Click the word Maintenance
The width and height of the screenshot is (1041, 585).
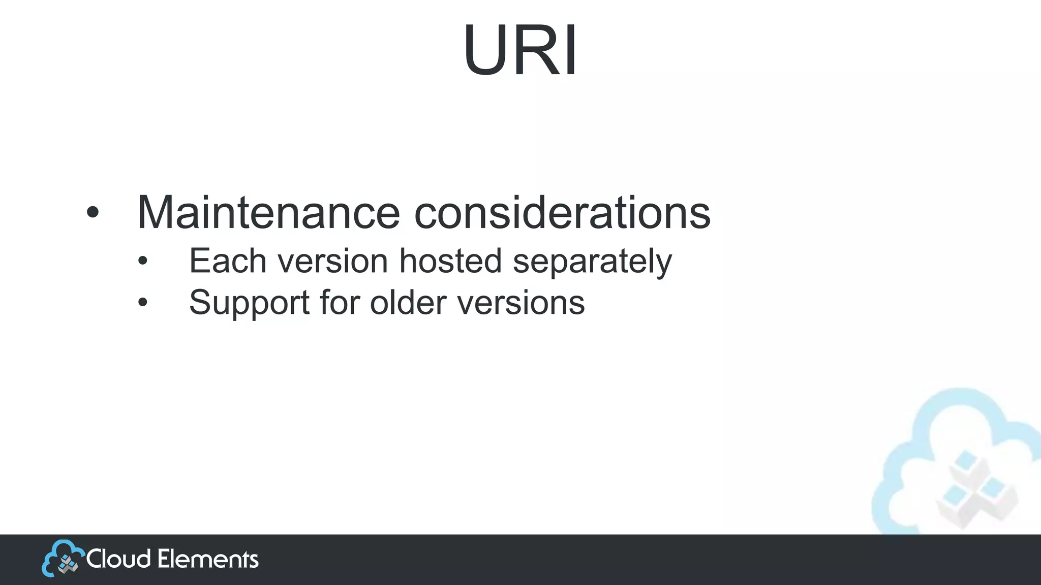pos(268,212)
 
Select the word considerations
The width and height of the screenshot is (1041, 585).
pos(562,212)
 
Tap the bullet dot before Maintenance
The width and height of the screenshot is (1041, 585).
pos(92,213)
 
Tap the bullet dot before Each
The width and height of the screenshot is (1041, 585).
pos(143,262)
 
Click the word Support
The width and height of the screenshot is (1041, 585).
pos(249,303)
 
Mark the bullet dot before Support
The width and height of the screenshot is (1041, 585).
pos(143,303)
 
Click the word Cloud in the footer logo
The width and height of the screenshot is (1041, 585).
pos(118,559)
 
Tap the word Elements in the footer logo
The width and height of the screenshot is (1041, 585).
pos(208,559)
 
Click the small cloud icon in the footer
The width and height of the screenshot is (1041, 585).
pos(62,558)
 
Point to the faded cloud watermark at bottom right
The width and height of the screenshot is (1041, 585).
pos(956,457)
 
